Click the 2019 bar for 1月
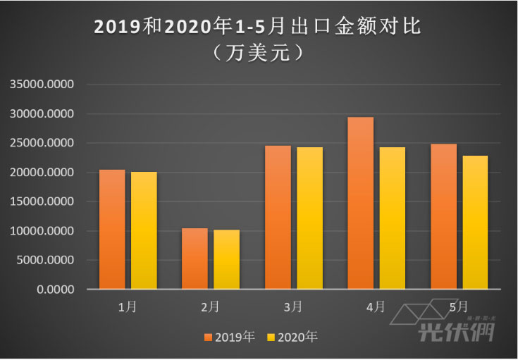point(112,230)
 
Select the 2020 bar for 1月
point(144,230)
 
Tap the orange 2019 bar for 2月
point(195,259)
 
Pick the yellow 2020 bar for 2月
point(226,259)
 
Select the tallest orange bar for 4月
point(361,203)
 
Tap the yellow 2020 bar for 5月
point(475,222)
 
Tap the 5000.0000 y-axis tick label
point(48,260)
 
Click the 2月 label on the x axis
point(210,306)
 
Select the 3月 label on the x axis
point(293,306)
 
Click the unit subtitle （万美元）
point(259,52)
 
